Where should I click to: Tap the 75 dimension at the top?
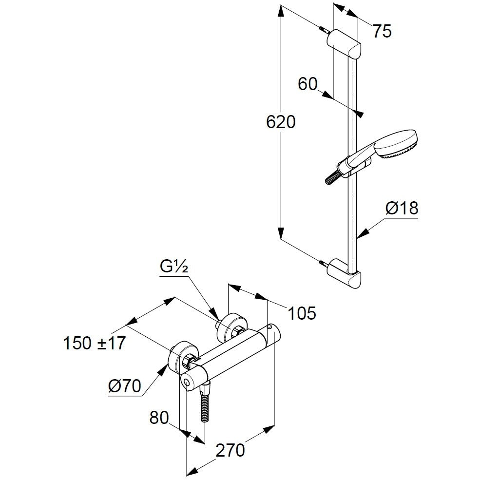click(382, 31)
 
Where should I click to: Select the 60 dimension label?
click(307, 85)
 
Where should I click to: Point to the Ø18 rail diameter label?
click(402, 209)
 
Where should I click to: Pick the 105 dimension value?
click(301, 313)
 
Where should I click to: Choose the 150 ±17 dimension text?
click(94, 344)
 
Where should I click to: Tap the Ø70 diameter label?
click(125, 386)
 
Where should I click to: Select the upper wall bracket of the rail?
click(346, 44)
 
